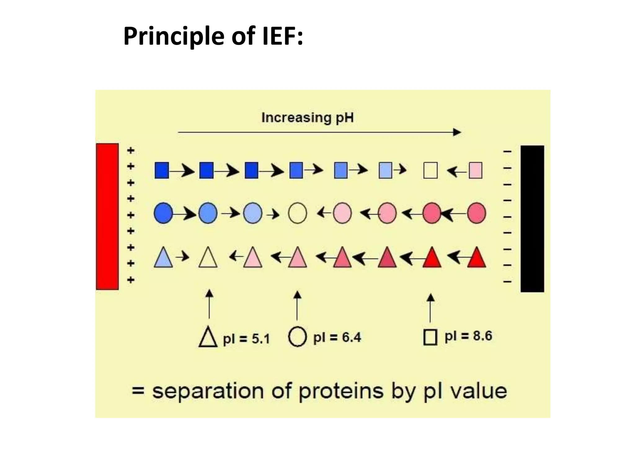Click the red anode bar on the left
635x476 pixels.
click(x=107, y=216)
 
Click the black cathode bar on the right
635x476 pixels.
click(x=532, y=218)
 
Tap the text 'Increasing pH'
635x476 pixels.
click(x=307, y=118)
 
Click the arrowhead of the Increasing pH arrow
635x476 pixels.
click(x=457, y=132)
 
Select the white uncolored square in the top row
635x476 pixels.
click(x=430, y=170)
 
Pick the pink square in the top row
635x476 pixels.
click(x=475, y=170)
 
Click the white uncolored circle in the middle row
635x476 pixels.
click(x=297, y=213)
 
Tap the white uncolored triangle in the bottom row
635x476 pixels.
click(x=208, y=258)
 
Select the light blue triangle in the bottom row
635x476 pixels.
click(x=163, y=258)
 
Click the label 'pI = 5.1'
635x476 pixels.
click(x=246, y=339)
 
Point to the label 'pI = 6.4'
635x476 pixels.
click(x=337, y=337)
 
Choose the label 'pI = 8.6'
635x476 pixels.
click(x=468, y=336)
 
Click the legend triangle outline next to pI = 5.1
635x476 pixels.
click(x=208, y=337)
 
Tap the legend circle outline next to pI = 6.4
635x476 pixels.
click(x=297, y=337)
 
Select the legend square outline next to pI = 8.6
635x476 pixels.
click(x=430, y=337)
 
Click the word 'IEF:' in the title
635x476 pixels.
click(x=282, y=36)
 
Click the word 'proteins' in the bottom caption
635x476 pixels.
click(x=341, y=391)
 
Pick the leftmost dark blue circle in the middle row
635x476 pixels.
click(x=163, y=213)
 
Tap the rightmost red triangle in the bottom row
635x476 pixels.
click(x=476, y=258)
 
